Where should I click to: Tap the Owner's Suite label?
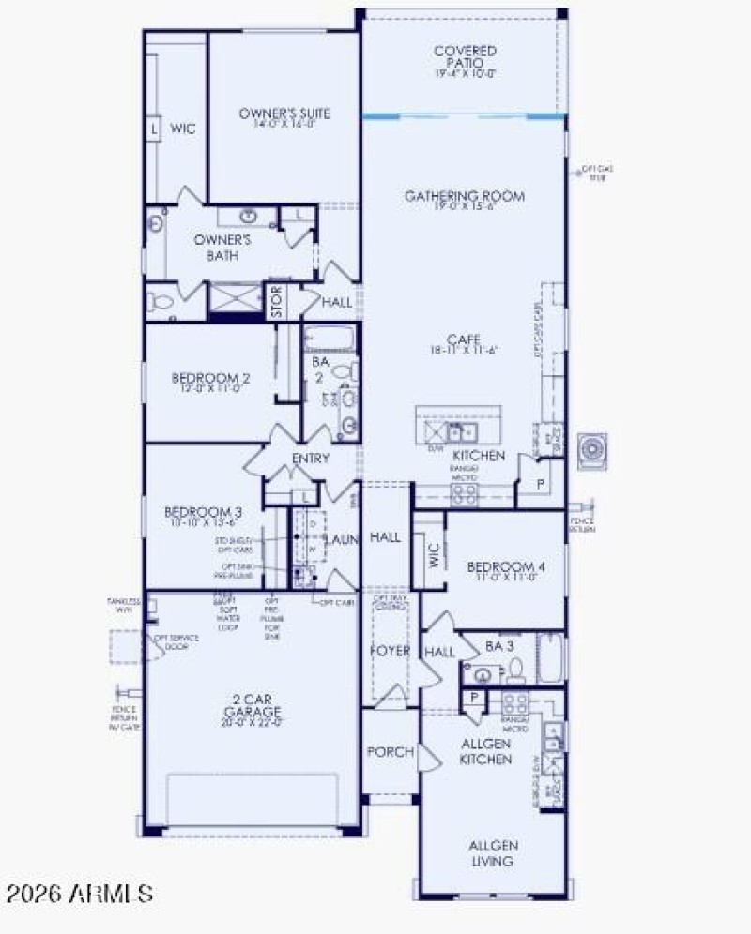284,118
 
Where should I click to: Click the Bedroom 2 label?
207,383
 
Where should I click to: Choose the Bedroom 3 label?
203,517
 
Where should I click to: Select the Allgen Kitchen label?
485,751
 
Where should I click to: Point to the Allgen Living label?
493,853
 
